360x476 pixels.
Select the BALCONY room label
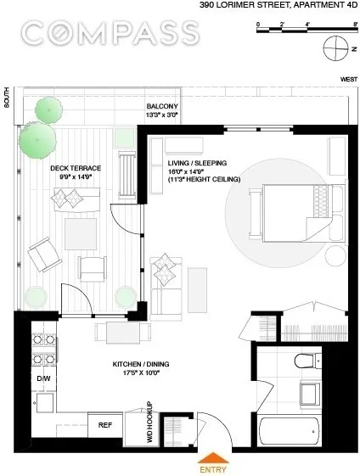(x=162, y=106)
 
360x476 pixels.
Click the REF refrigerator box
(x=106, y=423)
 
